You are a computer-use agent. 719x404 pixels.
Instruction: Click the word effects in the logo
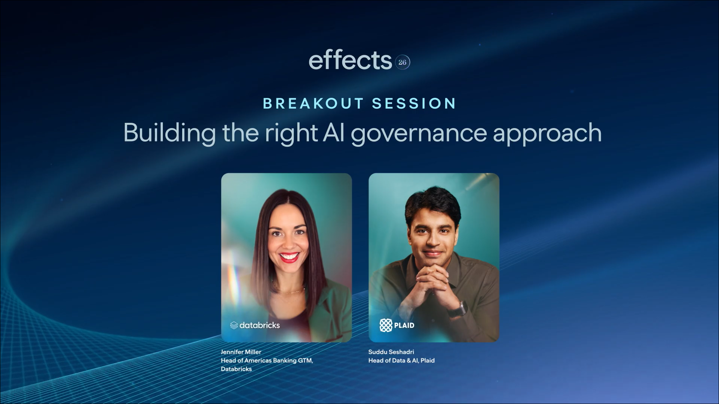coord(350,60)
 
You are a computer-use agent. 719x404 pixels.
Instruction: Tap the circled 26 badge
coord(403,62)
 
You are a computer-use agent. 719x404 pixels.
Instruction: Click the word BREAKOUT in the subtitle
coord(313,103)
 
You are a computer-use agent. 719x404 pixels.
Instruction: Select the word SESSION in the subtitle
coord(414,103)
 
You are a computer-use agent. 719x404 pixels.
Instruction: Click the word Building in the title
coord(169,133)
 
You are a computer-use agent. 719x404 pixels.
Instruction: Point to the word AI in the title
coord(334,133)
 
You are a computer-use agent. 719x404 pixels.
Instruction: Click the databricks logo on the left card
coord(255,325)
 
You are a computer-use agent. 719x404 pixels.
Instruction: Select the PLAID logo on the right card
coord(397,325)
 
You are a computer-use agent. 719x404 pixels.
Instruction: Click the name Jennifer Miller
coord(241,352)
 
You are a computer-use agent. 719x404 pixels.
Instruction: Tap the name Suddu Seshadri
coord(391,352)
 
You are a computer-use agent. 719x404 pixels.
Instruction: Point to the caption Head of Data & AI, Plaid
coord(401,360)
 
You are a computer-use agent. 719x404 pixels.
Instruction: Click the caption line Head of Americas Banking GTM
coord(267,360)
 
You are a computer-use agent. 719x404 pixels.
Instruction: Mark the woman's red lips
coord(289,257)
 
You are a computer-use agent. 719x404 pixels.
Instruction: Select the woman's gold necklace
coord(289,290)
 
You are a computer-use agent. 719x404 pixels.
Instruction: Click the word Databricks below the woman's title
coord(236,369)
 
